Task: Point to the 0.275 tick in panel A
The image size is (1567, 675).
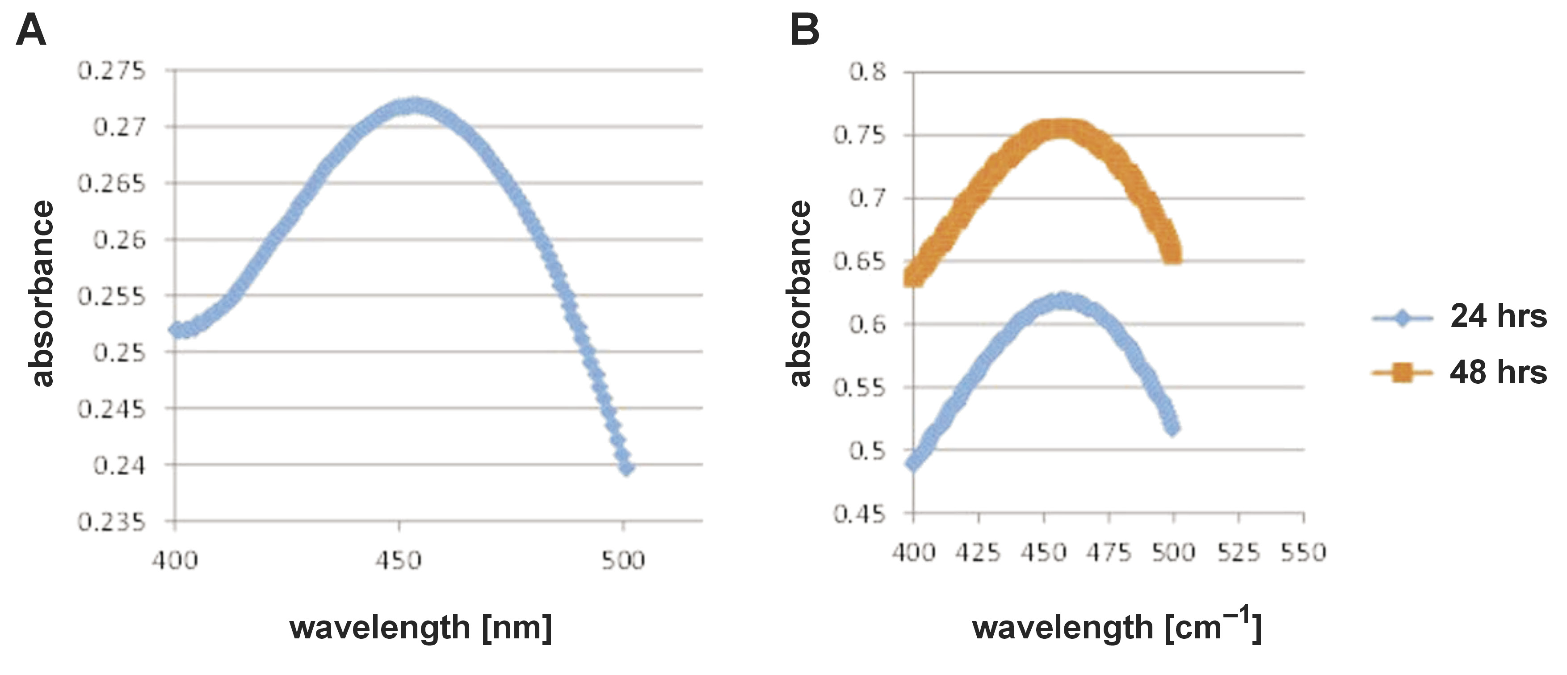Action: [x=112, y=71]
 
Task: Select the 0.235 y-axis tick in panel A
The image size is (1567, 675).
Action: [x=112, y=522]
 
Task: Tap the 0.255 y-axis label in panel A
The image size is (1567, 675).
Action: [x=112, y=297]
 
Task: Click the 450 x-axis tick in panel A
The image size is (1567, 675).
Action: [x=399, y=559]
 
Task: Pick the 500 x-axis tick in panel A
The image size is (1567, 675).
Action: [x=623, y=559]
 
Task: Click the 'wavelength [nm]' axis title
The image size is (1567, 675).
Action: [x=421, y=628]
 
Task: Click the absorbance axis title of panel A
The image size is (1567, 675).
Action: [x=42, y=293]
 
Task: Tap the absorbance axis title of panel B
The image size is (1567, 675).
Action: [x=801, y=293]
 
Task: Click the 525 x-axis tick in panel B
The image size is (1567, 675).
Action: [x=1239, y=552]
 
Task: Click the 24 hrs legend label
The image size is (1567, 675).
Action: [x=1498, y=316]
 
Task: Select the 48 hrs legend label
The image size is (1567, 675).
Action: [x=1498, y=372]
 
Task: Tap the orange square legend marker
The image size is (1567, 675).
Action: [x=1402, y=372]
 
